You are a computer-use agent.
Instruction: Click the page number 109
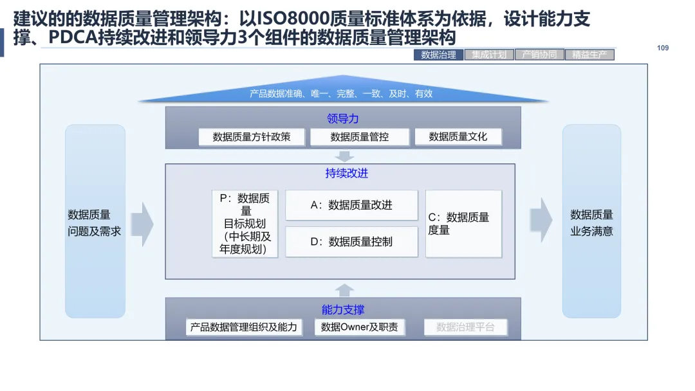(663, 48)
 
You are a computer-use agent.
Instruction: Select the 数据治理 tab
(438, 55)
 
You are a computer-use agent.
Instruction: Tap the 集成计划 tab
(488, 55)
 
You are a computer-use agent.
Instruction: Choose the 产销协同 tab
(539, 55)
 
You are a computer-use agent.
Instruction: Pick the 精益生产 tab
(589, 55)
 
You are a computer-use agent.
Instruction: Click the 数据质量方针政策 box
(252, 137)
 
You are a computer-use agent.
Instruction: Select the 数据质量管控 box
(360, 137)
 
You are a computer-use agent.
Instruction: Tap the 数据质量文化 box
(458, 137)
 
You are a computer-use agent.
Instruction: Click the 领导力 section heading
(342, 118)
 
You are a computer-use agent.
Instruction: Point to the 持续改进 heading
(346, 174)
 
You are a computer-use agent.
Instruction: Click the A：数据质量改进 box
(351, 205)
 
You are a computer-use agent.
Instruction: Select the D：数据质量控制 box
(351, 242)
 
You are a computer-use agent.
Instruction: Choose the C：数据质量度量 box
(463, 224)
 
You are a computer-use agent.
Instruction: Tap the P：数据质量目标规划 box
(245, 224)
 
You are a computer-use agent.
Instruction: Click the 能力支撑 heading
(343, 310)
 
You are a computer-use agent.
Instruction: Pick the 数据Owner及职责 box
(360, 327)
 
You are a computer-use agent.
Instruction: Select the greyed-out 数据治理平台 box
(465, 327)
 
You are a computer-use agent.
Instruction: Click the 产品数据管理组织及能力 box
(244, 327)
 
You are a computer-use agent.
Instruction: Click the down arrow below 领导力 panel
(345, 156)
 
